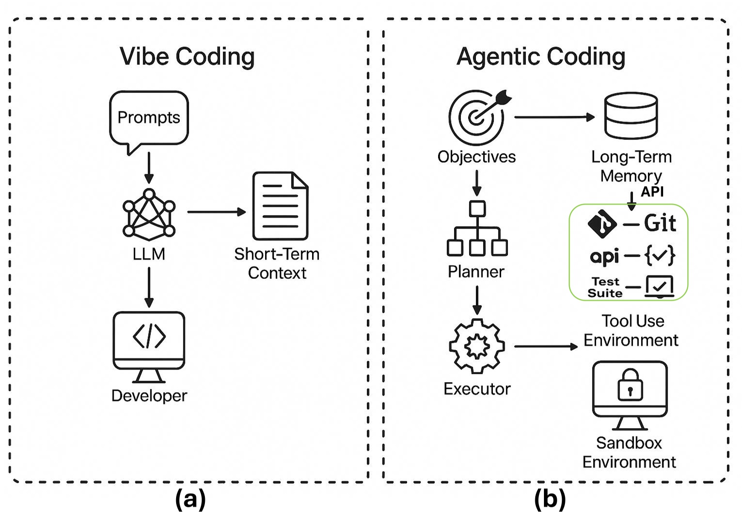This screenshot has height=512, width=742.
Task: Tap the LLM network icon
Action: click(149, 214)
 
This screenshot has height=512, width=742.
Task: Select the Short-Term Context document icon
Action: click(280, 206)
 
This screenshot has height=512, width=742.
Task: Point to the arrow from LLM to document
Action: click(216, 212)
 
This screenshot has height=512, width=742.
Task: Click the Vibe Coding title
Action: click(187, 57)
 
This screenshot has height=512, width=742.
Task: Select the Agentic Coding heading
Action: click(541, 57)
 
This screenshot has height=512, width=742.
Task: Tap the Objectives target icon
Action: click(477, 117)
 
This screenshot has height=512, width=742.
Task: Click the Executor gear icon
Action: click(477, 346)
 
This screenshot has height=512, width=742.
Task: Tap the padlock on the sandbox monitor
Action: click(630, 385)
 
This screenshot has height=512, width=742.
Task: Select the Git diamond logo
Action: click(602, 224)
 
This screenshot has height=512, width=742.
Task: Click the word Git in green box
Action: click(660, 223)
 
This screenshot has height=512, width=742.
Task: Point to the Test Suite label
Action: click(605, 287)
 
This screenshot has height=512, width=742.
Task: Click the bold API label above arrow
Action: click(652, 191)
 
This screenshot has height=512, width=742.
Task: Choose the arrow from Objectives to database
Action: click(554, 117)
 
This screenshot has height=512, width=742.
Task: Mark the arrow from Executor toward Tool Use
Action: click(546, 347)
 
